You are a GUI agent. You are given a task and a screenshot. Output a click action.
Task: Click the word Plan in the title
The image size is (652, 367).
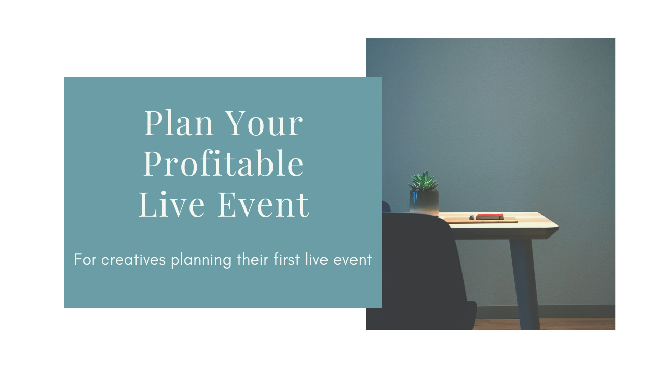pos(179,123)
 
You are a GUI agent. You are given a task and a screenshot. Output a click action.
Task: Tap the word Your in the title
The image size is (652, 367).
pos(264,123)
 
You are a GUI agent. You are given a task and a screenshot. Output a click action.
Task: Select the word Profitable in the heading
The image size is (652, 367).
pos(223,163)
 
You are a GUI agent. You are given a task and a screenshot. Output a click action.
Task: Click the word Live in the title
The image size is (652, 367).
pos(172,204)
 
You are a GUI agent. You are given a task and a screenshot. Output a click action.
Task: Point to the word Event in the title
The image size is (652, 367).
pos(263,204)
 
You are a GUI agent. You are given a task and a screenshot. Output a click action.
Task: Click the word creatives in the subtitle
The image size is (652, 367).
pos(133,259)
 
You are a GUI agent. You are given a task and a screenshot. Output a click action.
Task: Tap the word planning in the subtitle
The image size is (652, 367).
pos(201,260)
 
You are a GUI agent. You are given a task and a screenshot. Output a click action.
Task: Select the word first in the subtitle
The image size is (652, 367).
pos(287,259)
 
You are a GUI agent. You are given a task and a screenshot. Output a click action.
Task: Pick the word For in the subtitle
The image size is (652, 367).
pos(85,259)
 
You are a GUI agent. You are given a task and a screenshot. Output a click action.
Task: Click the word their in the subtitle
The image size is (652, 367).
pos(252,259)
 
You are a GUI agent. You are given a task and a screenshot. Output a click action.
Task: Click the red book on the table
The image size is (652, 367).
pos(490,217)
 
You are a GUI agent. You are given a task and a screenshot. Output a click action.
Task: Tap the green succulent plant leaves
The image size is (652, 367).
pos(423,180)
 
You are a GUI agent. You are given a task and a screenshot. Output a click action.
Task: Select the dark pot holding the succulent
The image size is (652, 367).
pos(424,202)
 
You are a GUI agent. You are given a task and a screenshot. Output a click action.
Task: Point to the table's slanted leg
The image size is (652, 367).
pos(525,284)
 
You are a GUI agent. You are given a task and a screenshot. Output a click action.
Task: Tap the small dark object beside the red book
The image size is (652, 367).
pos(472,217)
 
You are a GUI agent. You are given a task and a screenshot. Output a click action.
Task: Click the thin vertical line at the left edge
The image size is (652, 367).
pos(37,183)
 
